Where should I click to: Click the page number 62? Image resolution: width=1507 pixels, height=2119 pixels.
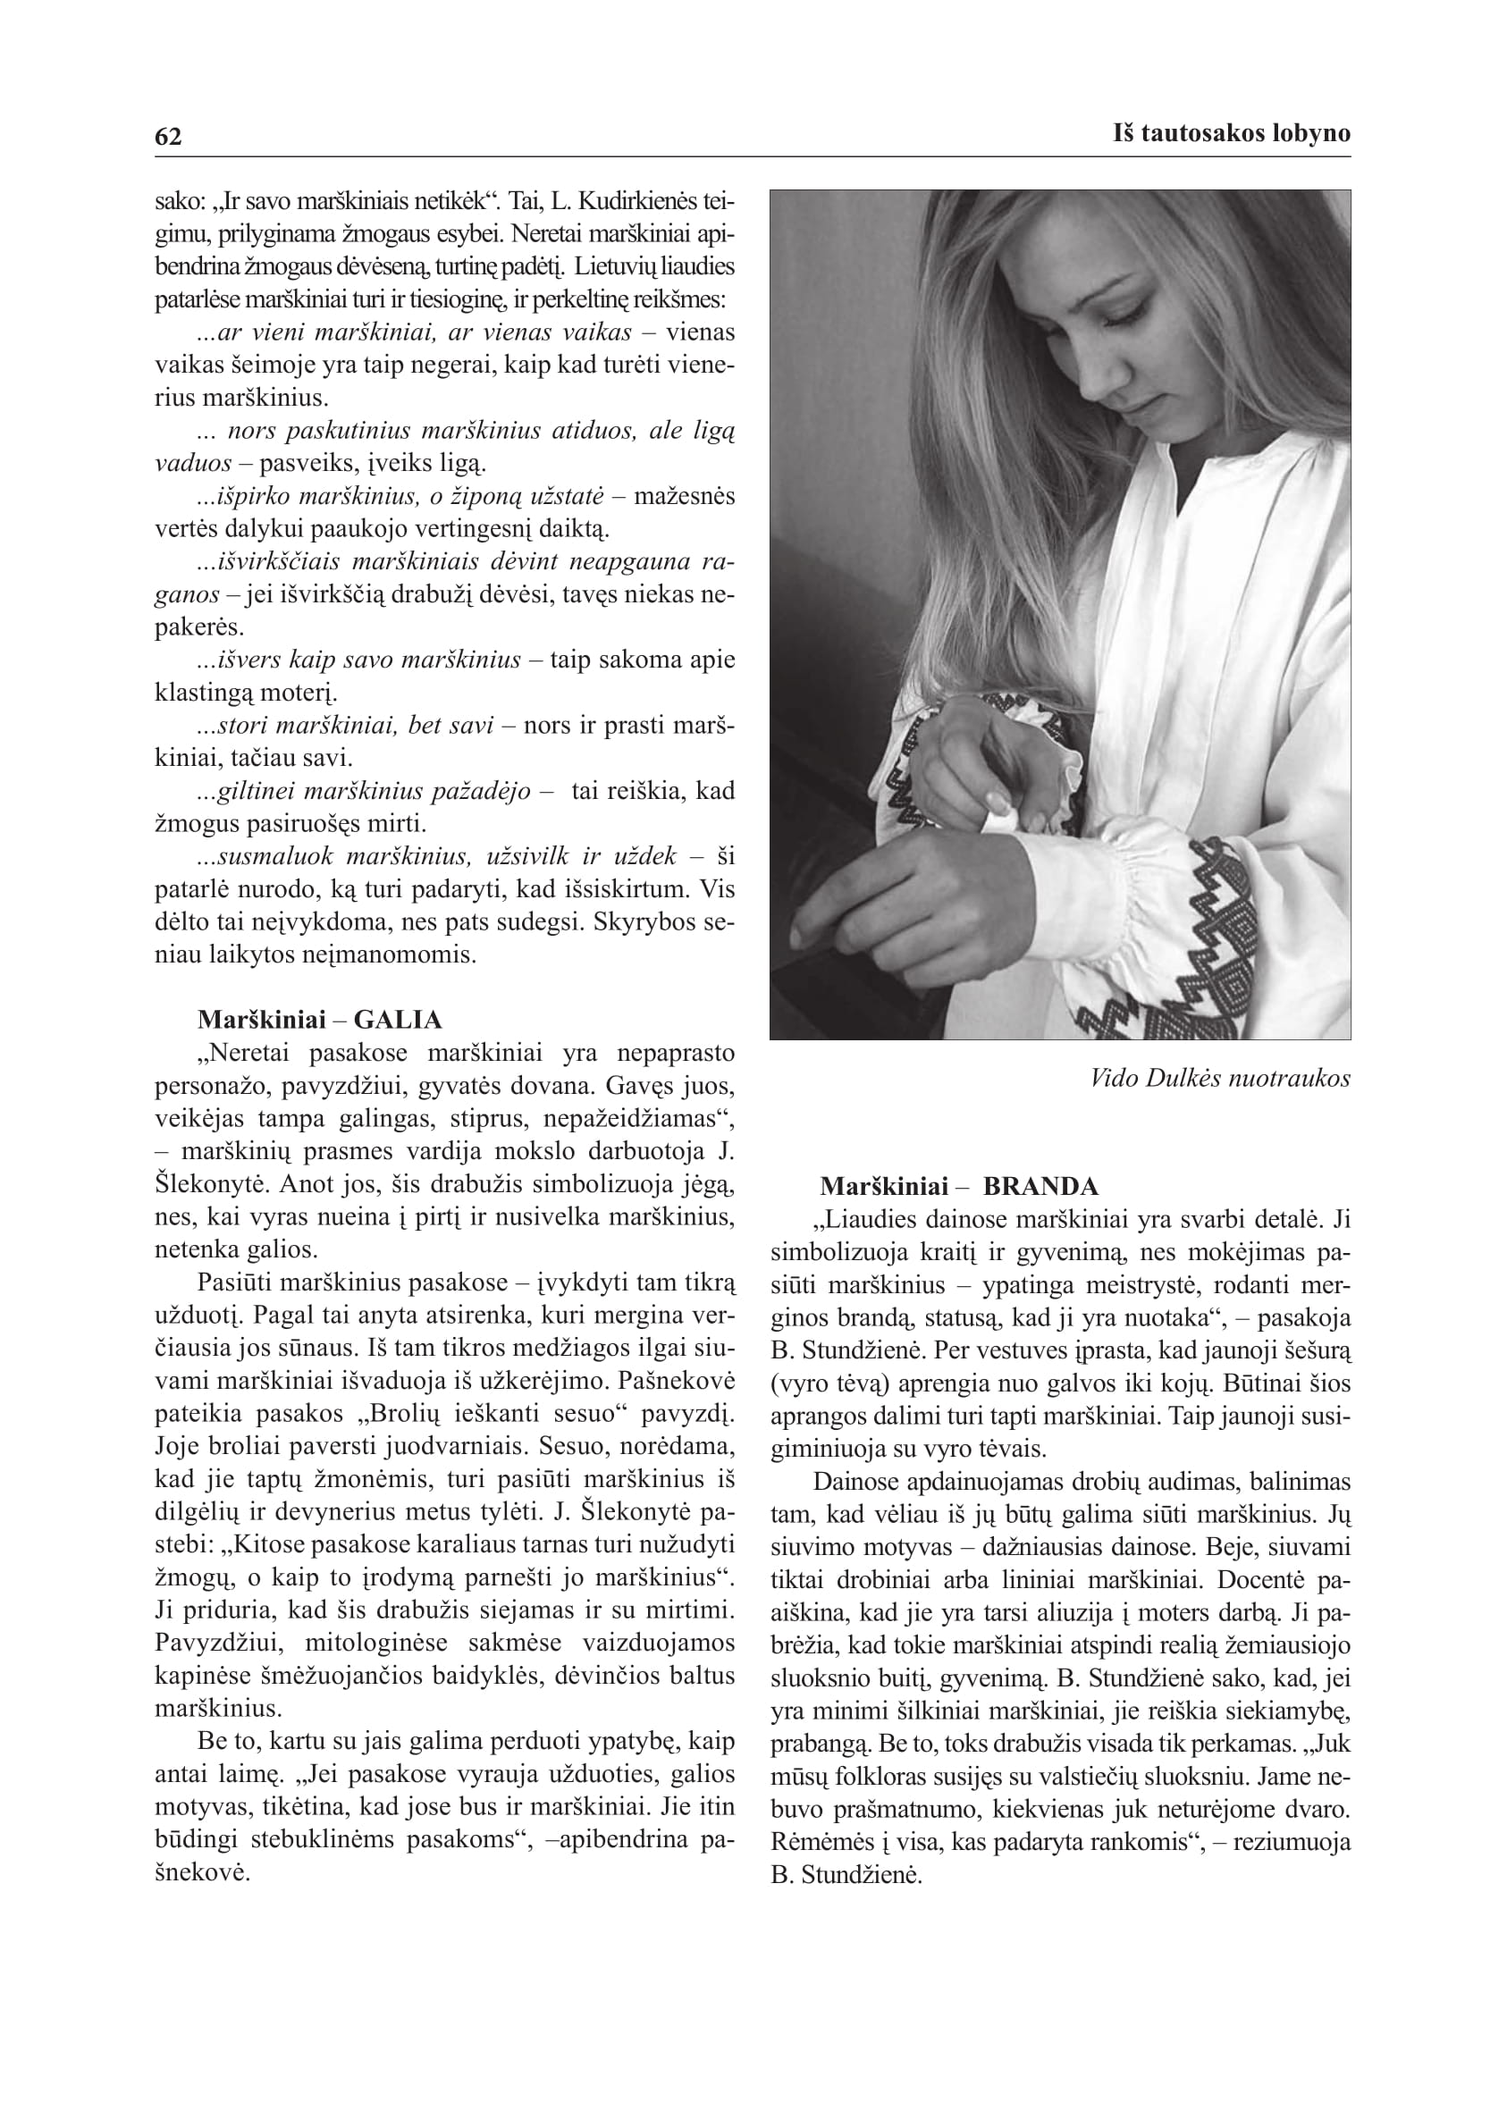click(168, 137)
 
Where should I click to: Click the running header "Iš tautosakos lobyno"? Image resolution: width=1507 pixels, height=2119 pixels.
click(1232, 133)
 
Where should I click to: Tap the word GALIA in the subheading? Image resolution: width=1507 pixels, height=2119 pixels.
click(397, 1021)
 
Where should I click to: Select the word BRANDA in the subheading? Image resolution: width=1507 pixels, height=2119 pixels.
click(1040, 1187)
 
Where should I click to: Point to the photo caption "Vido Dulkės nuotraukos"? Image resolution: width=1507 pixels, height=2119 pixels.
click(1220, 1078)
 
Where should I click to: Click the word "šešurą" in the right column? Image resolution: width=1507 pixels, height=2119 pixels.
click(1313, 1350)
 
